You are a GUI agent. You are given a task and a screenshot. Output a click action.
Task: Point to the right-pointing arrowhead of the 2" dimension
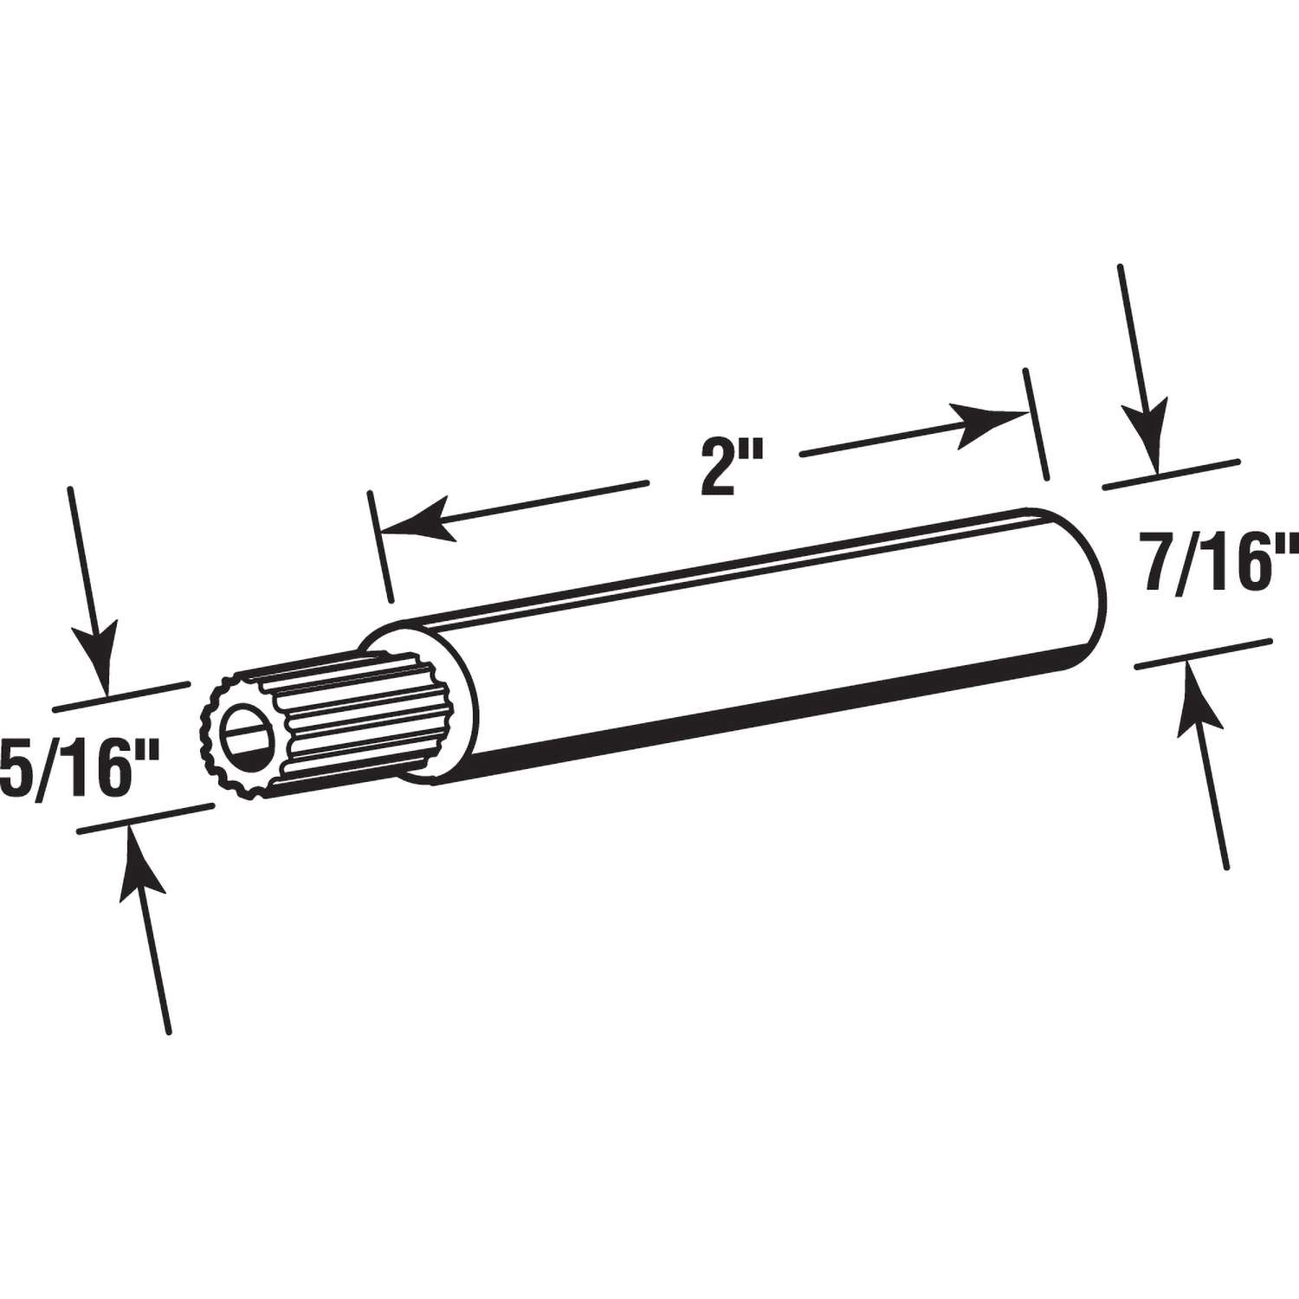(x=986, y=417)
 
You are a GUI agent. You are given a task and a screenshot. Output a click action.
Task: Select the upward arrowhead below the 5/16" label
(x=141, y=857)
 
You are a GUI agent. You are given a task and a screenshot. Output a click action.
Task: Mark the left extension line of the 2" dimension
(x=381, y=546)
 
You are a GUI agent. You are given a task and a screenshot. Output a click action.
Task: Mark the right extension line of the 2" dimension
(x=1036, y=423)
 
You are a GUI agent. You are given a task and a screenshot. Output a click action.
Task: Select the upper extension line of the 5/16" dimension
(x=121, y=695)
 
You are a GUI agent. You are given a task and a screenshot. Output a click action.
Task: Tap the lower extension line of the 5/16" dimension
(x=145, y=818)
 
